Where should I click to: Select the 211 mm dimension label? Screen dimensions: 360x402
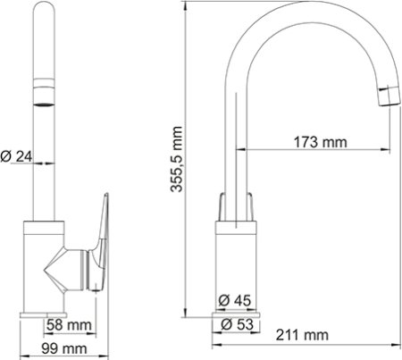tap(302, 335)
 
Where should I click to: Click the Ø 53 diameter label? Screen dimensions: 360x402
tap(236, 323)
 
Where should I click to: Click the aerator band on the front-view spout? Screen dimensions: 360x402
tap(42, 88)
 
